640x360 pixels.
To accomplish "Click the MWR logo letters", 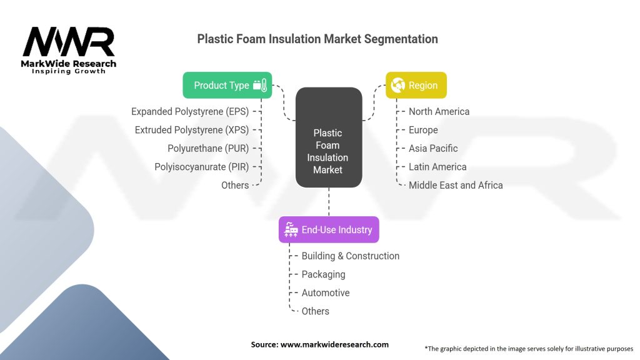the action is click(x=69, y=42).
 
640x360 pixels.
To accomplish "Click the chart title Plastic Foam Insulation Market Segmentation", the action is click(x=317, y=39).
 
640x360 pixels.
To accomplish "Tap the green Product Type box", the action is click(x=227, y=85).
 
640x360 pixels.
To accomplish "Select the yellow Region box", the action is click(x=416, y=85).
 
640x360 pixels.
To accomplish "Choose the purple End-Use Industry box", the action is click(x=329, y=230).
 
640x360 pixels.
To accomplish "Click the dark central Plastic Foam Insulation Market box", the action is click(x=329, y=137).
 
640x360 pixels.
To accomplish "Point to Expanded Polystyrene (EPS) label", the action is click(x=190, y=111).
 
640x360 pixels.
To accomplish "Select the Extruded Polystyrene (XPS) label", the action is click(x=192, y=130).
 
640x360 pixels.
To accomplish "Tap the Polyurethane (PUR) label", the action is click(x=208, y=148).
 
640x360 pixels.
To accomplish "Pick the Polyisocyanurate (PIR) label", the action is click(x=202, y=167).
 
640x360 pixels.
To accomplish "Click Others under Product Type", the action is click(x=235, y=185).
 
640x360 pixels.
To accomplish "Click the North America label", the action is click(x=439, y=111).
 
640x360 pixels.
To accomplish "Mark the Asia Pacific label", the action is click(x=433, y=148).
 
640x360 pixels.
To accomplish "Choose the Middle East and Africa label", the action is click(x=456, y=185).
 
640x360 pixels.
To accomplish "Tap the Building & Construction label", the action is click(x=351, y=256).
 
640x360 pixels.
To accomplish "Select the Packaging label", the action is click(x=323, y=274).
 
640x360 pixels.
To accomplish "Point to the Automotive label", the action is click(x=326, y=292).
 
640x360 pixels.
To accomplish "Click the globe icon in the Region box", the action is click(x=397, y=85).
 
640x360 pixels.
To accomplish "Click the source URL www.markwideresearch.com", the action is click(x=334, y=344).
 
